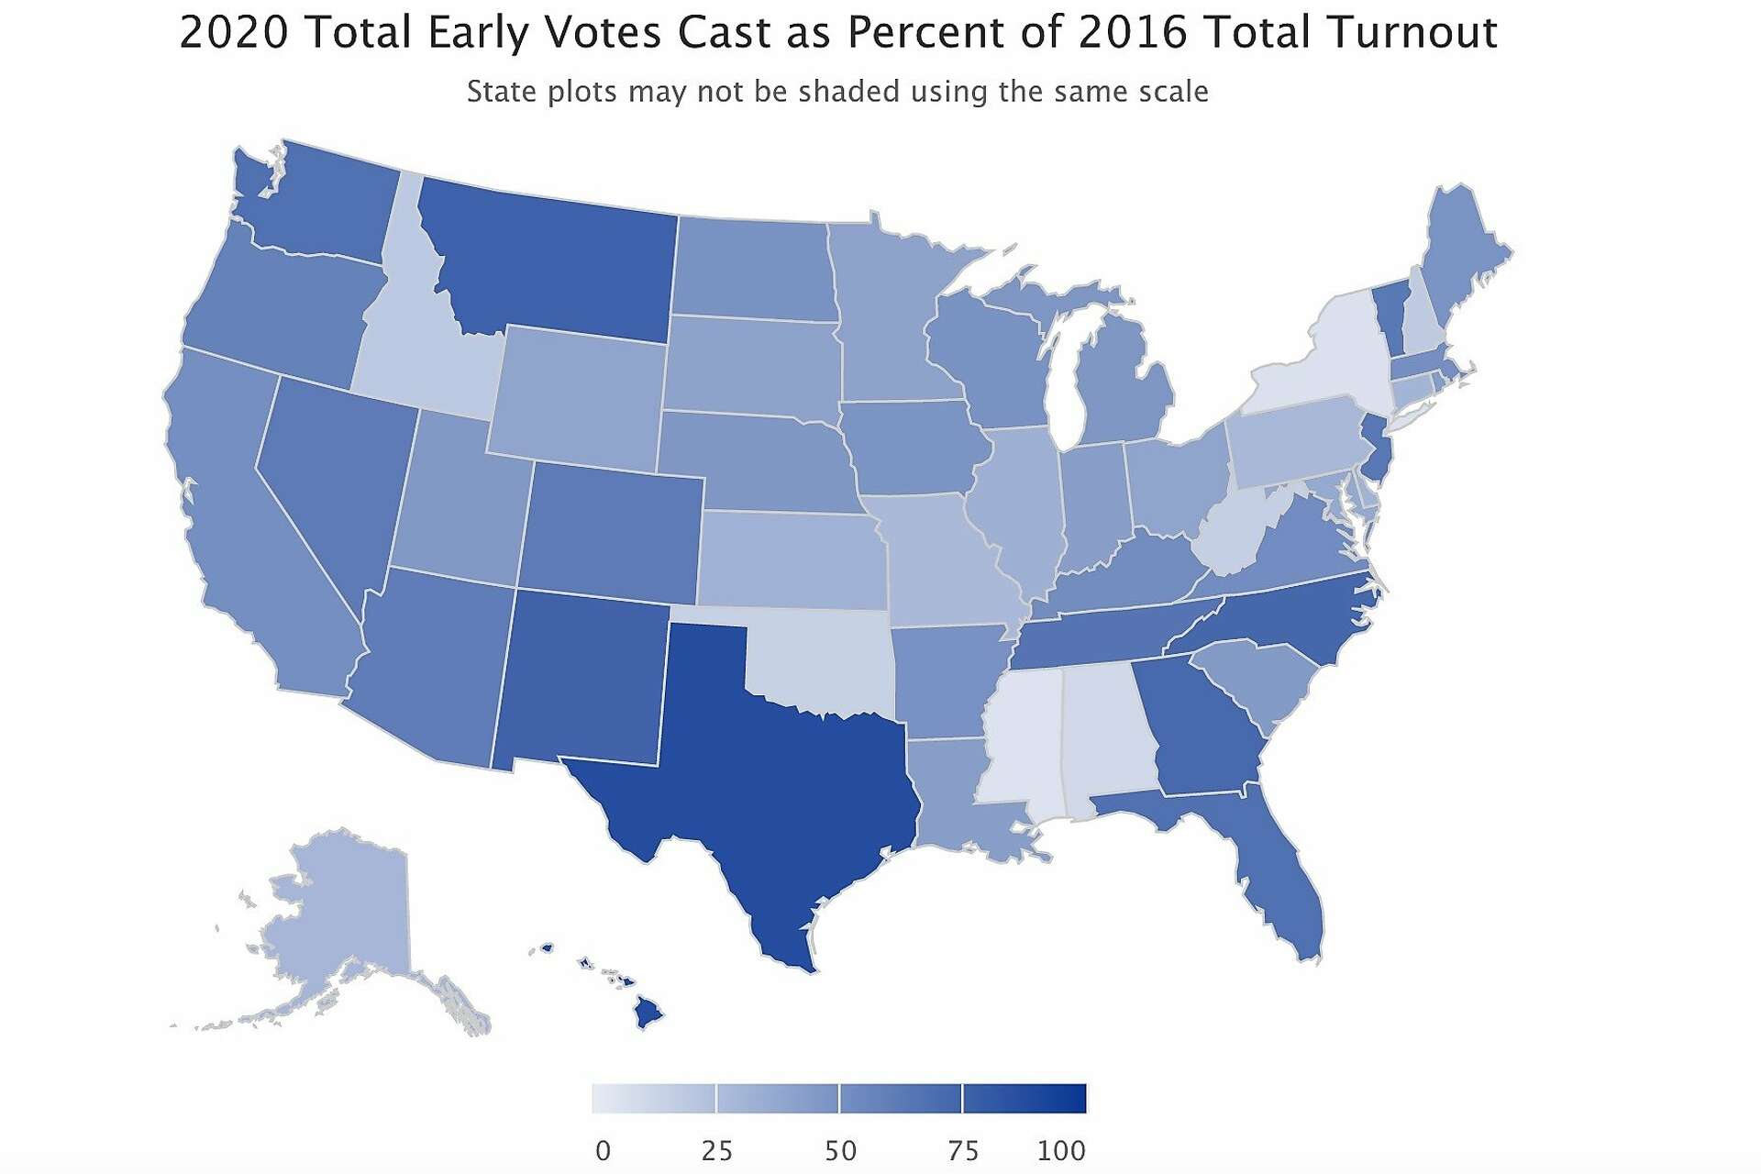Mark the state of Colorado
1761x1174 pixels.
coord(610,532)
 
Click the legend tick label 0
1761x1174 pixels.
coord(603,1150)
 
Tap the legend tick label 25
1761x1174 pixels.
coord(716,1150)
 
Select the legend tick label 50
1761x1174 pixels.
coord(840,1150)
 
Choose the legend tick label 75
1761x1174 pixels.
coord(963,1150)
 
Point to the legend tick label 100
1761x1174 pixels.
coord(1061,1150)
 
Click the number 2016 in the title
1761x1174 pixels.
coord(1132,33)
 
